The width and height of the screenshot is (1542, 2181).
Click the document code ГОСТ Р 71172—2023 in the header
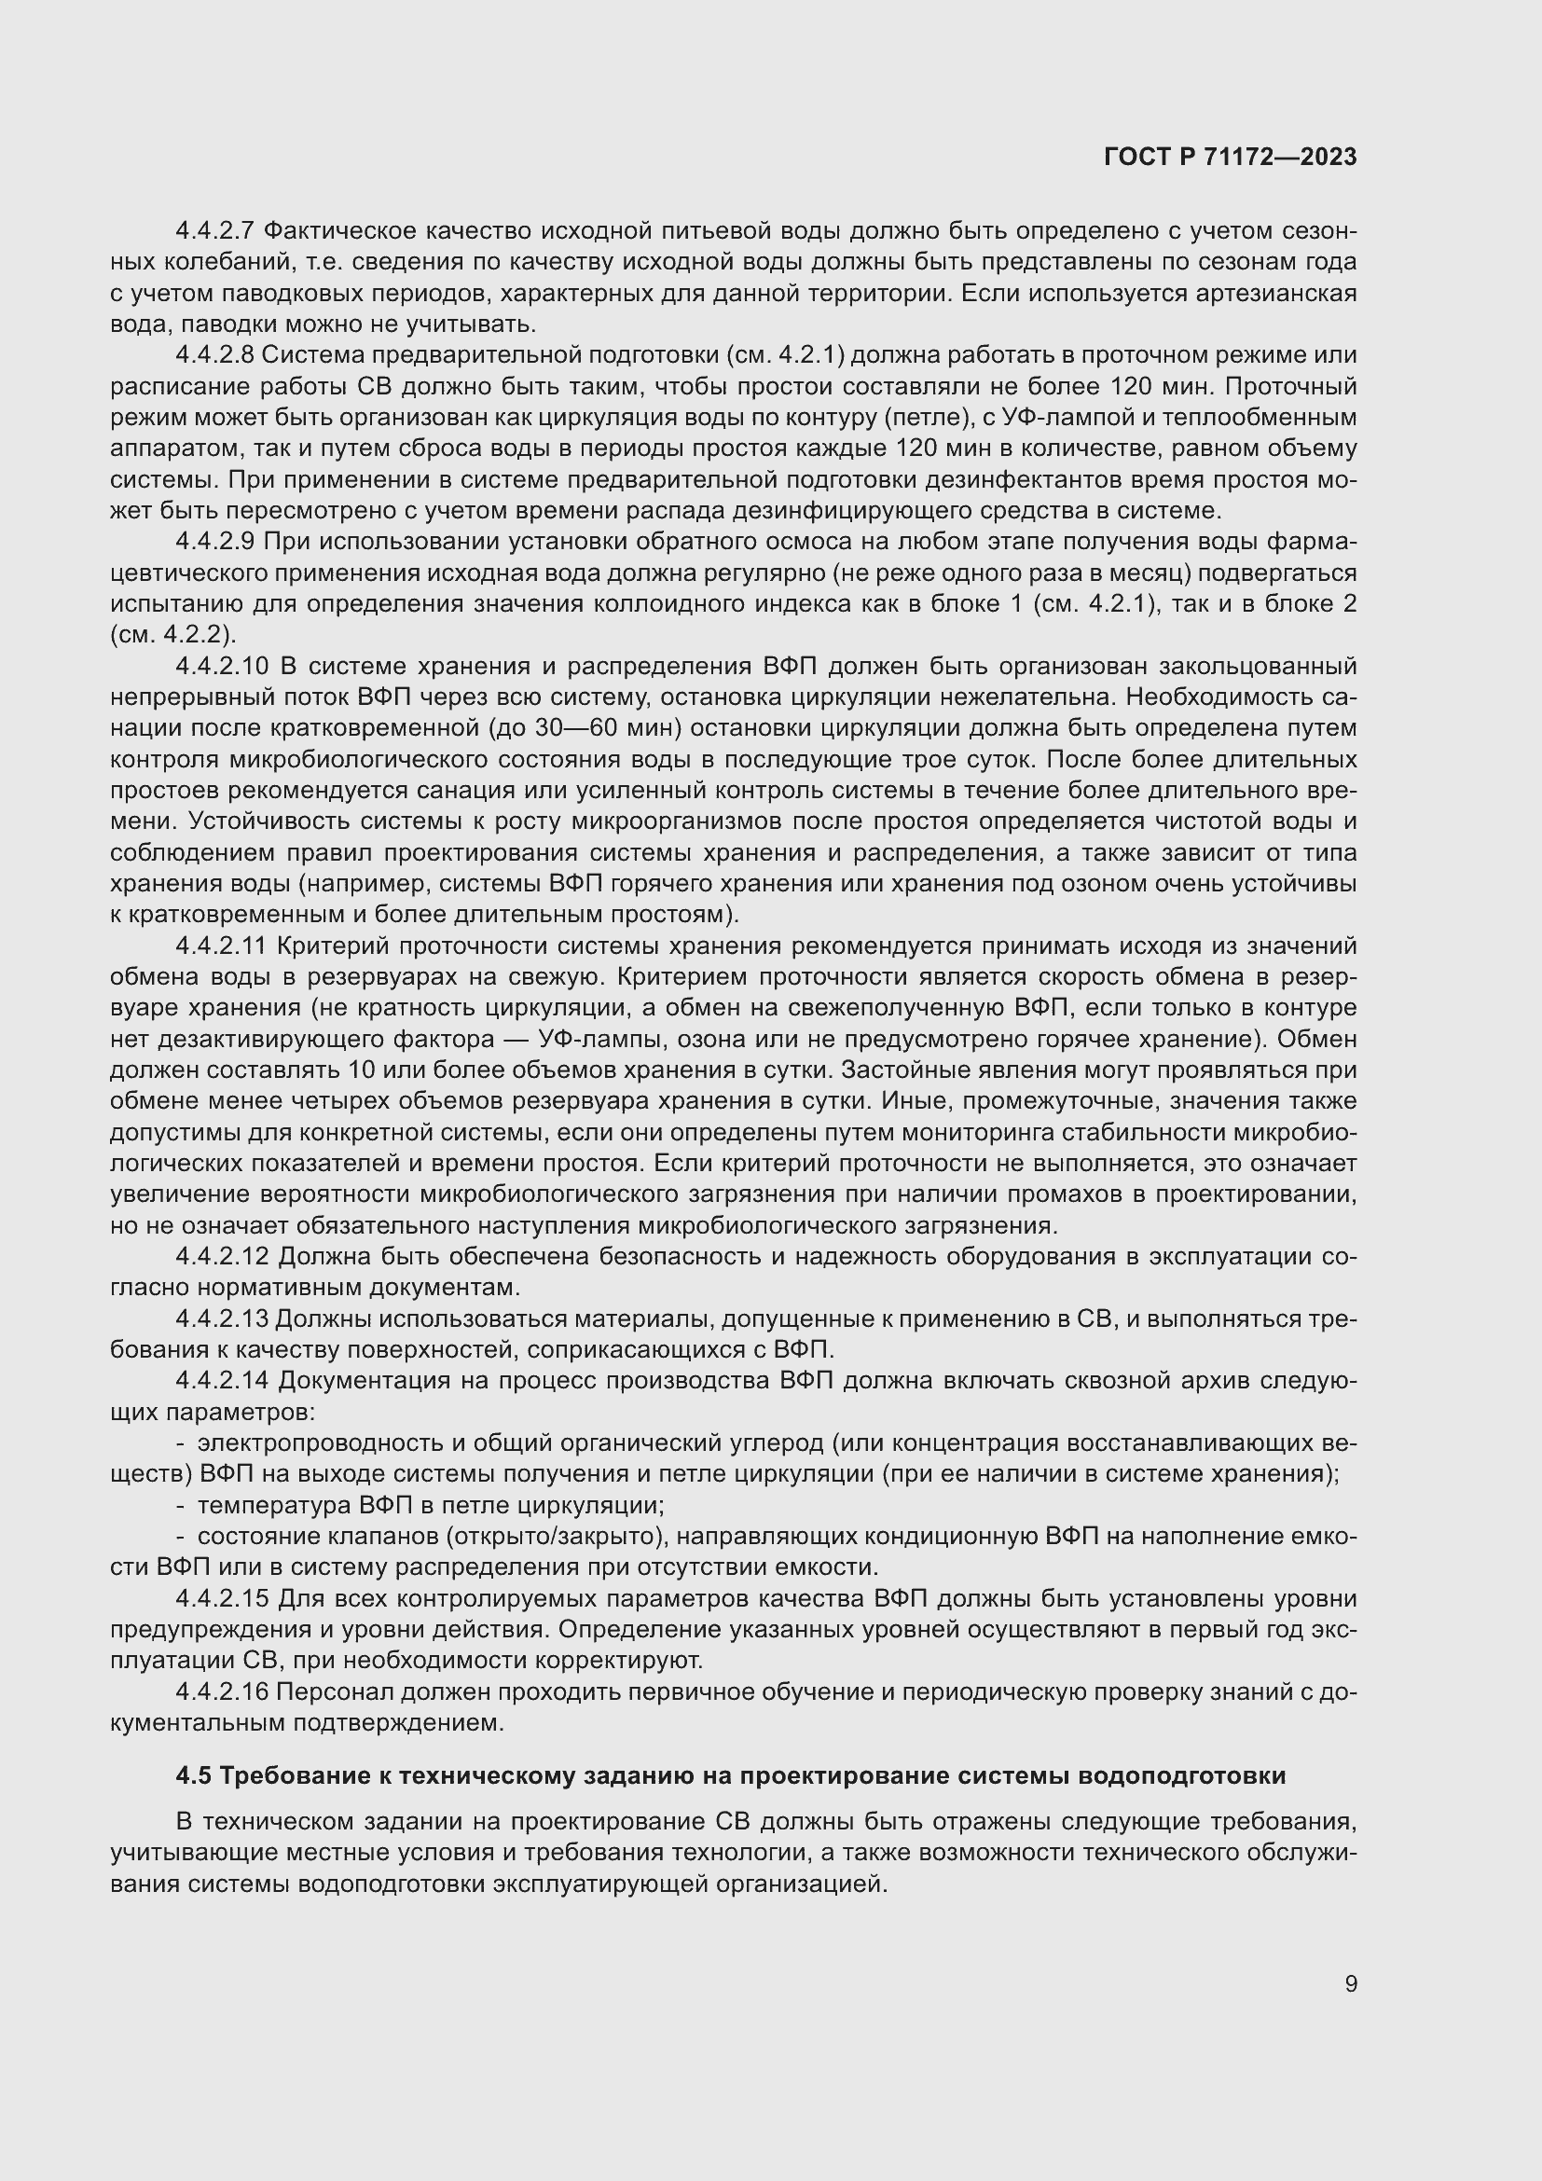[x=1231, y=158]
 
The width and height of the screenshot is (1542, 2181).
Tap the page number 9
[x=1350, y=1983]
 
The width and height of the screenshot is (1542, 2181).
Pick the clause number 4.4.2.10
[x=223, y=666]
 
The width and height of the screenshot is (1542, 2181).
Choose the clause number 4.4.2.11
[x=223, y=946]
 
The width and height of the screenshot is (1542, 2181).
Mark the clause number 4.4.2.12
[x=223, y=1257]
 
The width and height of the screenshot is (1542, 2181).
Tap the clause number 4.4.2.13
[x=223, y=1318]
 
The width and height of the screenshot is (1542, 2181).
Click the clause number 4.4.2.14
[x=223, y=1380]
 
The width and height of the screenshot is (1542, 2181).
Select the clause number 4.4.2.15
[x=223, y=1599]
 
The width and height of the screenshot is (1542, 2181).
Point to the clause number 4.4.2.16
[x=223, y=1691]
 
